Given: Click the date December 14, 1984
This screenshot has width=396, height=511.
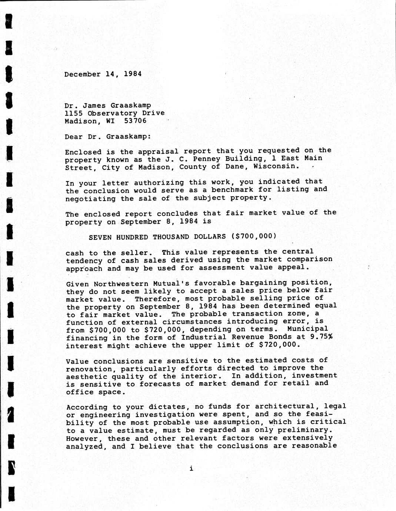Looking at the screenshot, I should pos(103,74).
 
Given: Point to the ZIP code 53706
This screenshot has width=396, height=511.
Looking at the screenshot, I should pos(136,121).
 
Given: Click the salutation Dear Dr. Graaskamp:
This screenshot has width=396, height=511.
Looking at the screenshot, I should pos(108,136).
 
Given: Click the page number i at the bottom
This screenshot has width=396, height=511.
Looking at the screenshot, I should pos(191,469).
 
